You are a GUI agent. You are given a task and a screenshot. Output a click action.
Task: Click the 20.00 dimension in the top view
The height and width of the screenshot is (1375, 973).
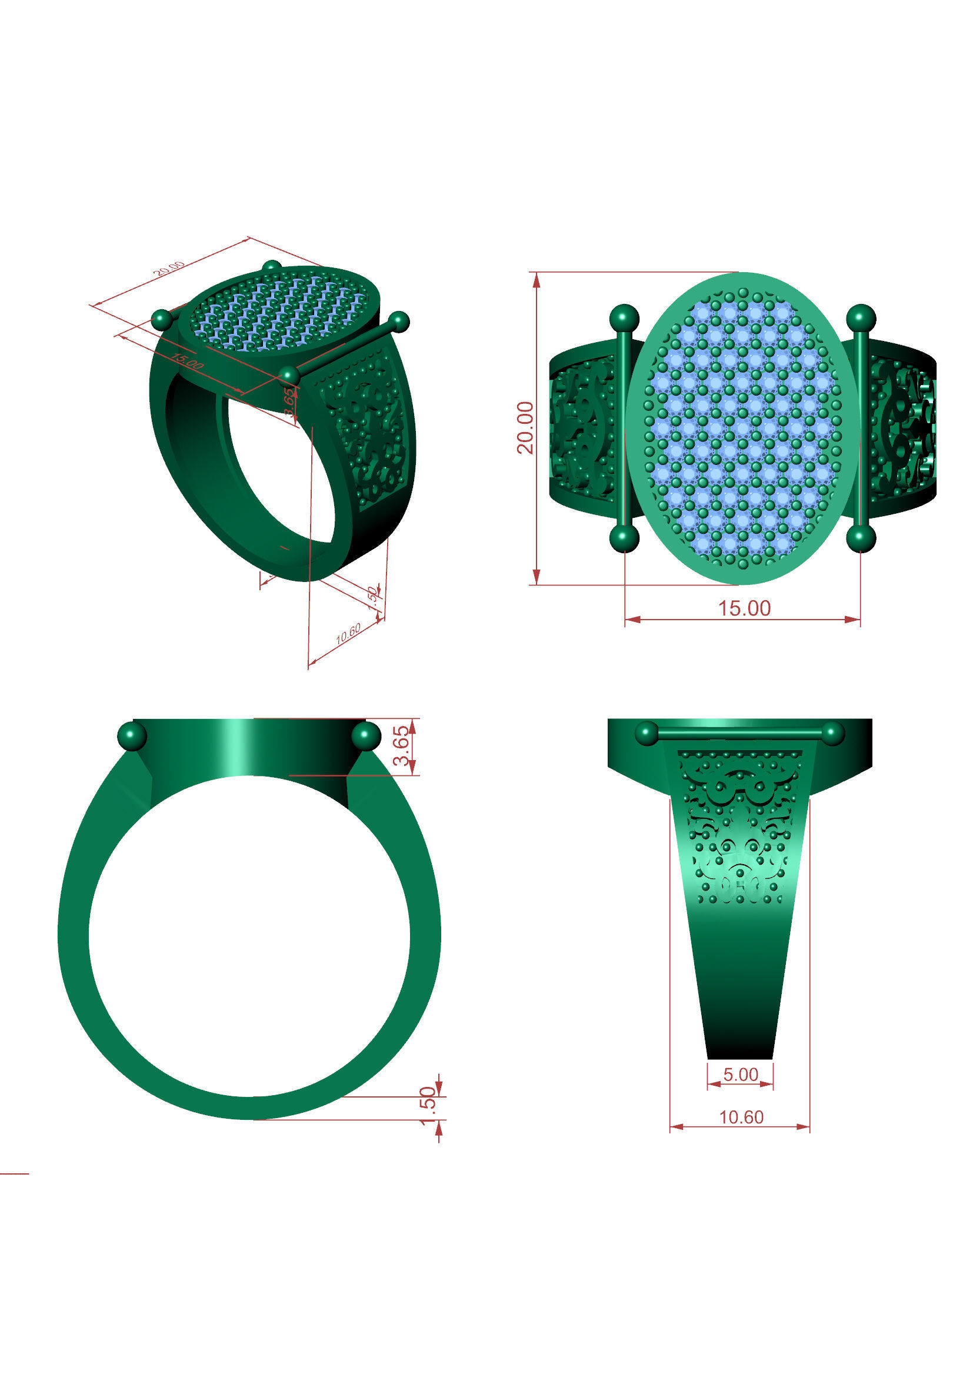tap(525, 427)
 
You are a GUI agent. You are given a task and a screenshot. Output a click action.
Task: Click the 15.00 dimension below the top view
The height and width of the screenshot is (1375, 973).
tap(744, 608)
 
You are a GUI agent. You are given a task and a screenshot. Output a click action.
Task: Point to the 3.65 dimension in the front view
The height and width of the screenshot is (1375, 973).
tap(402, 745)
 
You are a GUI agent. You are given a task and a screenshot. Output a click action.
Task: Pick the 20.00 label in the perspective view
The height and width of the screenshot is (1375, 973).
tap(168, 269)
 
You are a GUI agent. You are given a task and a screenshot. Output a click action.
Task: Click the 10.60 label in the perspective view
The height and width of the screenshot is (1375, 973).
tap(348, 634)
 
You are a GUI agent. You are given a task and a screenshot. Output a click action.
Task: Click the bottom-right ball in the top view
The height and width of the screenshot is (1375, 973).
tap(861, 538)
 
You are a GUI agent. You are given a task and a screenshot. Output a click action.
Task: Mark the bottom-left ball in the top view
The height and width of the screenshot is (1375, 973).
tap(624, 538)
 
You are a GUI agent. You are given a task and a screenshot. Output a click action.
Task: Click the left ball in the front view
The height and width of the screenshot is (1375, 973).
tap(132, 736)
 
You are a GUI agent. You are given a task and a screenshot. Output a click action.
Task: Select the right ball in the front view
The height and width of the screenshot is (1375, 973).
tap(366, 736)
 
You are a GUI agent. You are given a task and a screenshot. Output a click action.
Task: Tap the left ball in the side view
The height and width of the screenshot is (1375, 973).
tap(647, 733)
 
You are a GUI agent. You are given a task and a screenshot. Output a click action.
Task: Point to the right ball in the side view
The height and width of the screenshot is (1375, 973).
tap(833, 733)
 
